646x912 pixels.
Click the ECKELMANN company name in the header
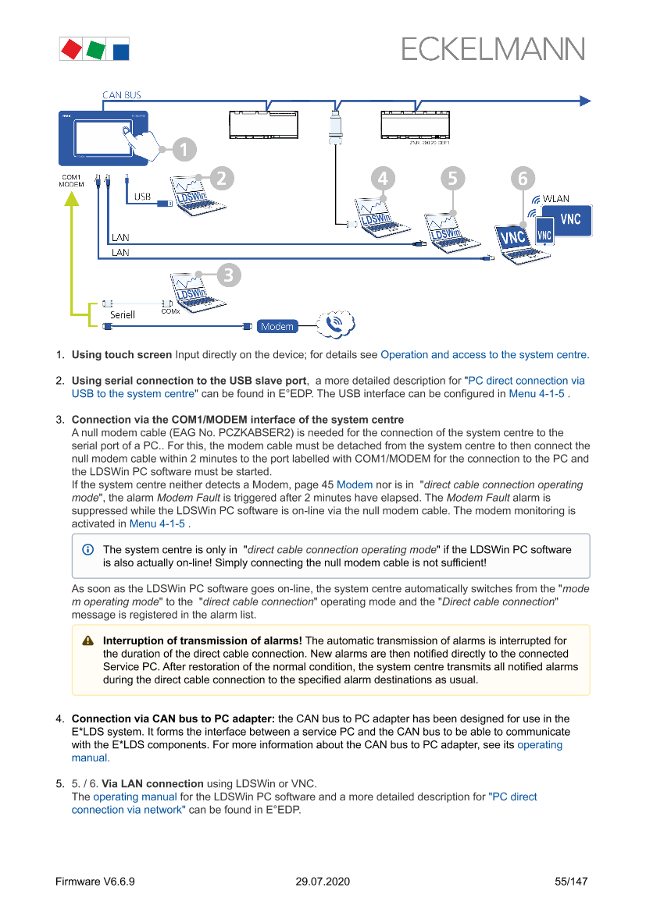click(x=493, y=50)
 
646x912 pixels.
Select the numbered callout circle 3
click(x=227, y=274)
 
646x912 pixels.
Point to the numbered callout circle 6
click(x=523, y=179)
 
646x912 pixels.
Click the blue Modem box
click(x=277, y=326)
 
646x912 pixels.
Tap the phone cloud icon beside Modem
click(x=336, y=322)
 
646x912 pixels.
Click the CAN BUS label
click(x=122, y=95)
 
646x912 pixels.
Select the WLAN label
click(x=556, y=199)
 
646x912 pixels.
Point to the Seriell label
click(x=122, y=314)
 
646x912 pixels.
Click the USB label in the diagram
click(x=142, y=197)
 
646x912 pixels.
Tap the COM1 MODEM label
click(x=72, y=180)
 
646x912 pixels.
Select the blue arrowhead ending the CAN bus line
click(x=584, y=100)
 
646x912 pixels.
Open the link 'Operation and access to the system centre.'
click(x=484, y=354)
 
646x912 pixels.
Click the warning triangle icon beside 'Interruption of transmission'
click(x=88, y=641)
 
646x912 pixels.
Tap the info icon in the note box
click(x=87, y=549)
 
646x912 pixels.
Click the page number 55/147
click(x=571, y=882)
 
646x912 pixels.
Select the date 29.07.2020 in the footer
click(x=323, y=882)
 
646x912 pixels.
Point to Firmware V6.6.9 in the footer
click(x=95, y=882)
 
